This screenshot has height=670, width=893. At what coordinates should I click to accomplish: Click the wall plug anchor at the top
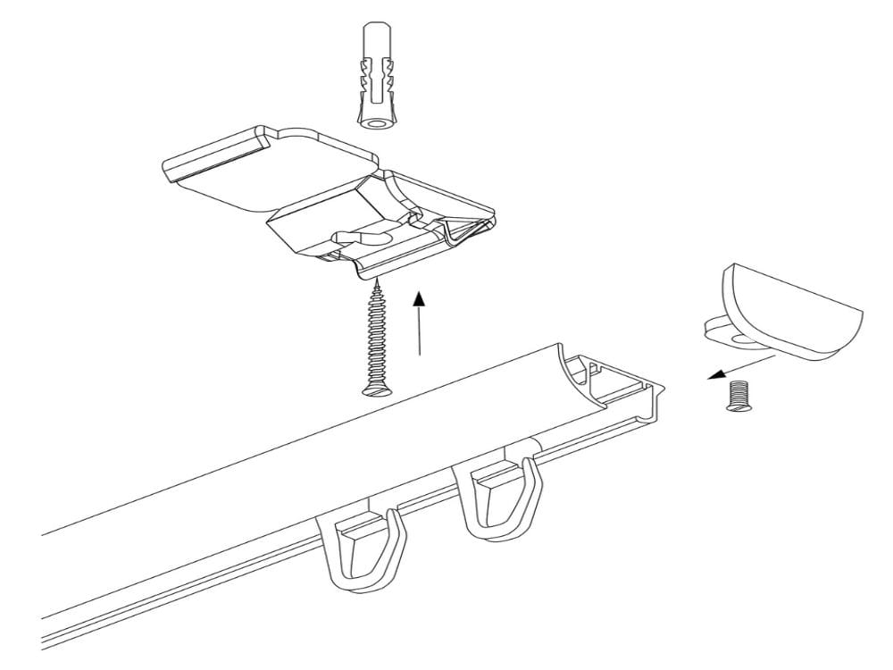[376, 77]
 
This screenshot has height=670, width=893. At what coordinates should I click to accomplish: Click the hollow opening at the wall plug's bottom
[374, 120]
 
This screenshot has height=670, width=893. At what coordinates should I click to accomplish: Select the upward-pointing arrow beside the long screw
[418, 322]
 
